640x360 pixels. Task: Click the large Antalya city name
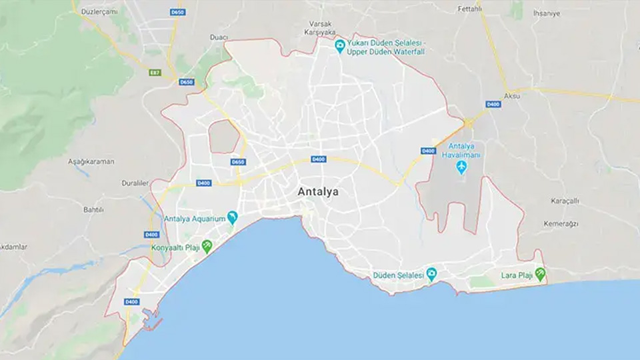(317, 192)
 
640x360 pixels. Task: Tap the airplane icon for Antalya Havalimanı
(461, 166)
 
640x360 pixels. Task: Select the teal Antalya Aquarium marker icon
(232, 217)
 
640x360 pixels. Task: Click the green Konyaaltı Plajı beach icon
(207, 246)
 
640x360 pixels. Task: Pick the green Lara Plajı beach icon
(540, 274)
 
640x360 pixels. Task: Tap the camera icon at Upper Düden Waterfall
(340, 46)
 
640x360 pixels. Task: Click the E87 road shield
(155, 72)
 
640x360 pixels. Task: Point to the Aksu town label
(512, 96)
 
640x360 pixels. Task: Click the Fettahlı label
(469, 9)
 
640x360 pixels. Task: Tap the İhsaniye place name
(546, 13)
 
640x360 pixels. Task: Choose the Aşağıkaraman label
(91, 162)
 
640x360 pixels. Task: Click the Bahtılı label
(93, 209)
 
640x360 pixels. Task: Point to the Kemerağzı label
(560, 223)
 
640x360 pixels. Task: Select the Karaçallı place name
(565, 201)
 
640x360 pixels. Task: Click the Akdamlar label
(13, 247)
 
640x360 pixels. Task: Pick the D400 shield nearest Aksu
(493, 104)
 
